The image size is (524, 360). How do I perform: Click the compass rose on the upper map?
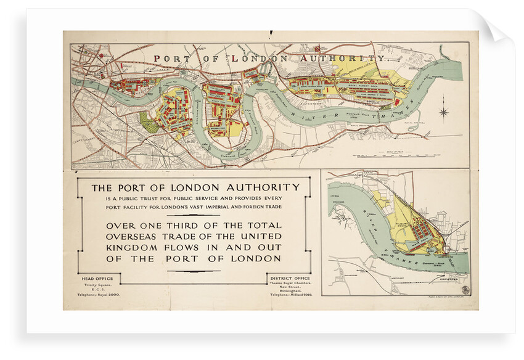pyautogui.click(x=443, y=112)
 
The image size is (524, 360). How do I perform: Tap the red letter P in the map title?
pyautogui.click(x=158, y=59)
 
